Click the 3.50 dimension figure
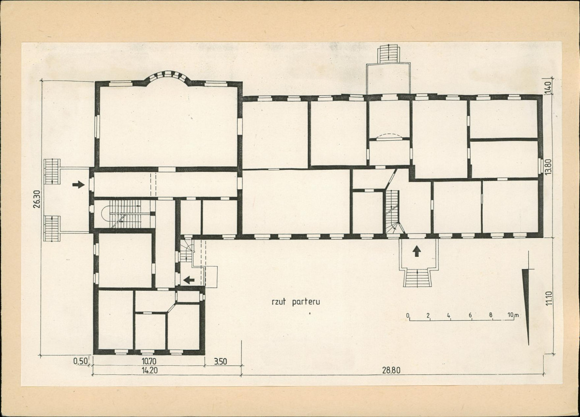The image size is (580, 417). coord(221,361)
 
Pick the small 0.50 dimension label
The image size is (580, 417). coord(81,361)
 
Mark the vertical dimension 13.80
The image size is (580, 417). coord(548,167)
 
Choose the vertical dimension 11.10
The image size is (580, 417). coord(548,298)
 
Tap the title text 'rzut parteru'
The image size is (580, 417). coord(296,301)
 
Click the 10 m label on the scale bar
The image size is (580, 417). coord(513,315)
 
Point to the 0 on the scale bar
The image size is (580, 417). coord(408,315)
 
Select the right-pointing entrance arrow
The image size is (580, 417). coord(78,184)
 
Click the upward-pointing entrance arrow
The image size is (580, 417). coord(417,251)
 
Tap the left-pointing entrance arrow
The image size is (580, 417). coord(189,280)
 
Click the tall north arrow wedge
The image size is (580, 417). coord(527,306)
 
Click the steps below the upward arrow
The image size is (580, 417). coord(417,278)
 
